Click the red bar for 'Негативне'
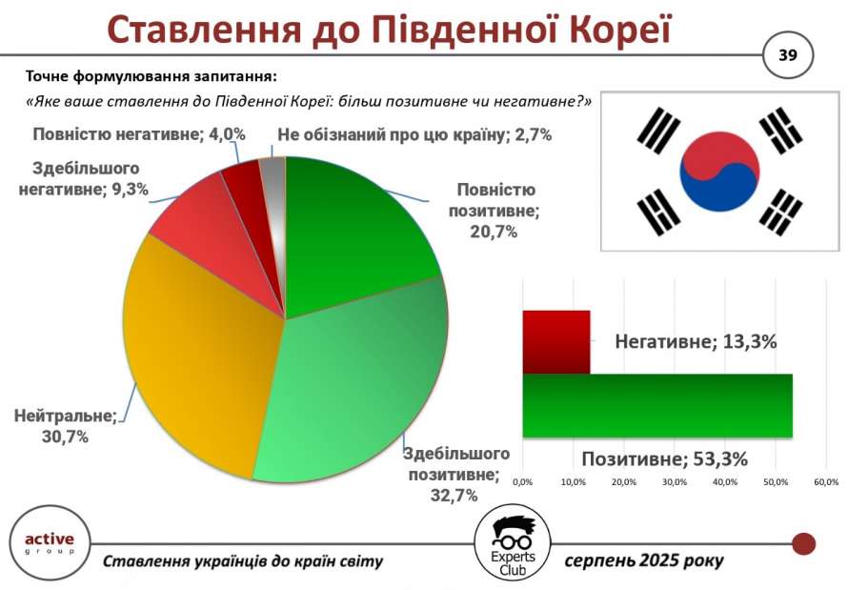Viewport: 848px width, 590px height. click(555, 342)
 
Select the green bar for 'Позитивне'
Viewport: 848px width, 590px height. click(657, 405)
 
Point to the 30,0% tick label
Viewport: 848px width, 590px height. click(675, 482)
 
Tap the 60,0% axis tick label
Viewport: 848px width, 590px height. click(826, 482)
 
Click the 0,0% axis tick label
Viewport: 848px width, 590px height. click(522, 482)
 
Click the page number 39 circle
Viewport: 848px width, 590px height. click(788, 55)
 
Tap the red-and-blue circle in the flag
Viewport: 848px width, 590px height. click(719, 172)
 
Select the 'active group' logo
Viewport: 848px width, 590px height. click(50, 543)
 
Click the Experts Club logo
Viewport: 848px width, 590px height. click(513, 545)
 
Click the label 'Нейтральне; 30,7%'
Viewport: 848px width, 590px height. click(66, 426)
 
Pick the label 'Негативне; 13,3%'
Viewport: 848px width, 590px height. click(697, 342)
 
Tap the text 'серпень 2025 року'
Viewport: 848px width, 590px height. click(643, 560)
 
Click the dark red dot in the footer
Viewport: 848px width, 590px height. click(803, 544)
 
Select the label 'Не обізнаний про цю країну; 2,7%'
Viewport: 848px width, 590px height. click(414, 135)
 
